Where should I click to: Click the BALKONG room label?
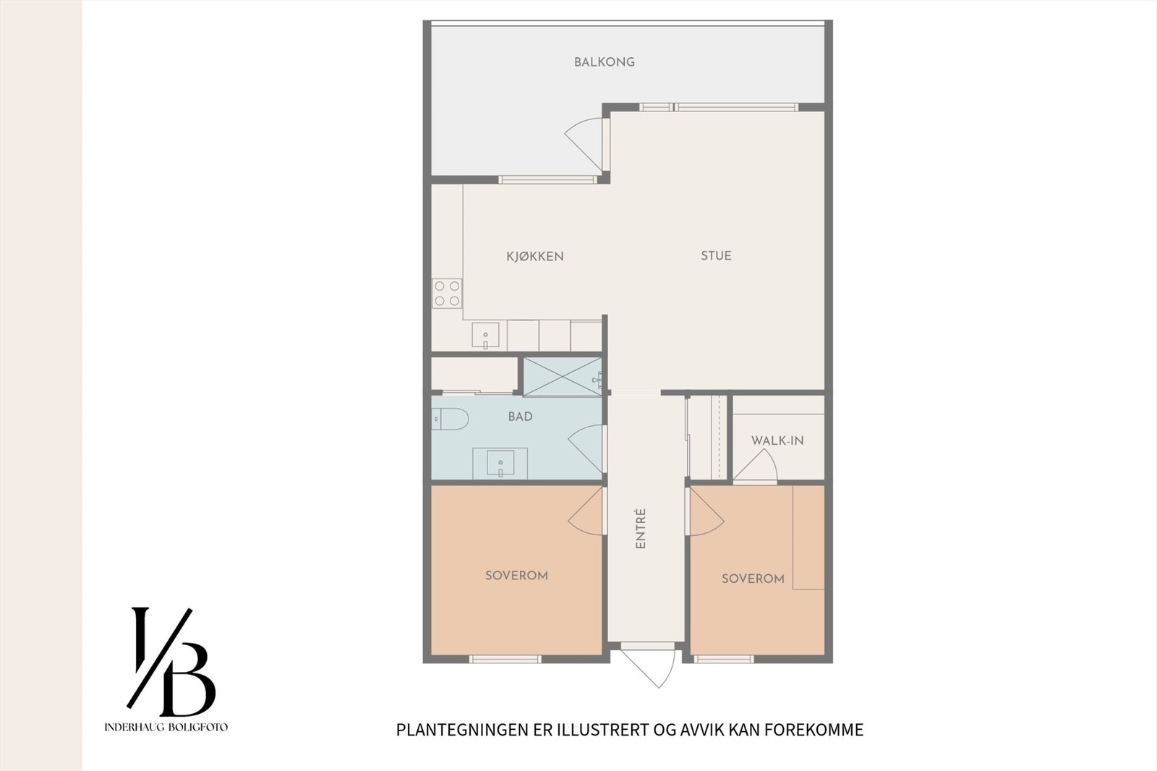(x=605, y=62)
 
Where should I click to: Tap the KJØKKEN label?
(x=535, y=256)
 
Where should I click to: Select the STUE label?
(x=716, y=255)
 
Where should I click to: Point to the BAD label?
(x=520, y=416)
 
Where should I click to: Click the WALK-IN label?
(x=777, y=440)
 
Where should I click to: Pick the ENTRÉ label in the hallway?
(x=641, y=529)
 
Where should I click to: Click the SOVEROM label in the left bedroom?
(x=516, y=576)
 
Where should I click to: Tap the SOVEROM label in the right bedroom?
(x=753, y=579)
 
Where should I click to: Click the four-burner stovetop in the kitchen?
(x=447, y=294)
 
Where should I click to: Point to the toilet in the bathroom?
(x=450, y=418)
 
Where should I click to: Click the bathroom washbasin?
(x=500, y=463)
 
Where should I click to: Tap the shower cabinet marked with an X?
(x=562, y=377)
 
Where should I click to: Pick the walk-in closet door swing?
(x=757, y=467)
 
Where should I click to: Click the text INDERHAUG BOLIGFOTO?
(x=166, y=727)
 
